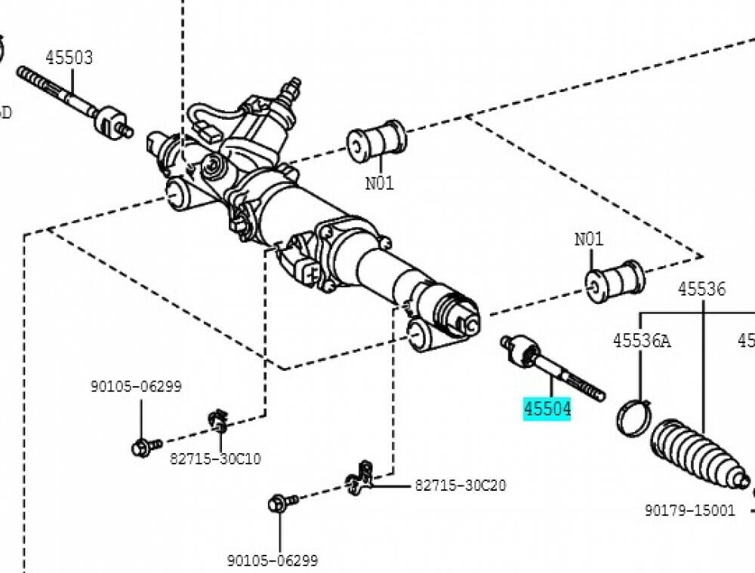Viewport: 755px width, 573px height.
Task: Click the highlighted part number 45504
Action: (547, 409)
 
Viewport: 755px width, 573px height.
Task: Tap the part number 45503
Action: (69, 57)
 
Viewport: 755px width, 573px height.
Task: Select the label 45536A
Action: (641, 341)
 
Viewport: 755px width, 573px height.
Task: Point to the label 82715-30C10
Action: (215, 458)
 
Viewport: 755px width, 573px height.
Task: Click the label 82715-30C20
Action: (460, 485)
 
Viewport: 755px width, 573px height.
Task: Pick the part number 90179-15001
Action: (689, 510)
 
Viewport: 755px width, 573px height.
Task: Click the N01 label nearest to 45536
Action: (589, 239)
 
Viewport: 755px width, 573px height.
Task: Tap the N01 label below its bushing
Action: (379, 182)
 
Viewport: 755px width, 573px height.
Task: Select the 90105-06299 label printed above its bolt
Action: (136, 386)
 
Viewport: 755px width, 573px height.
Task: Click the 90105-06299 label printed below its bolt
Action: (273, 560)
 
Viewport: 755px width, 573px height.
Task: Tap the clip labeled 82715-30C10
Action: (218, 421)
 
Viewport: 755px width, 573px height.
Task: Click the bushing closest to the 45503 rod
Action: (376, 141)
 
